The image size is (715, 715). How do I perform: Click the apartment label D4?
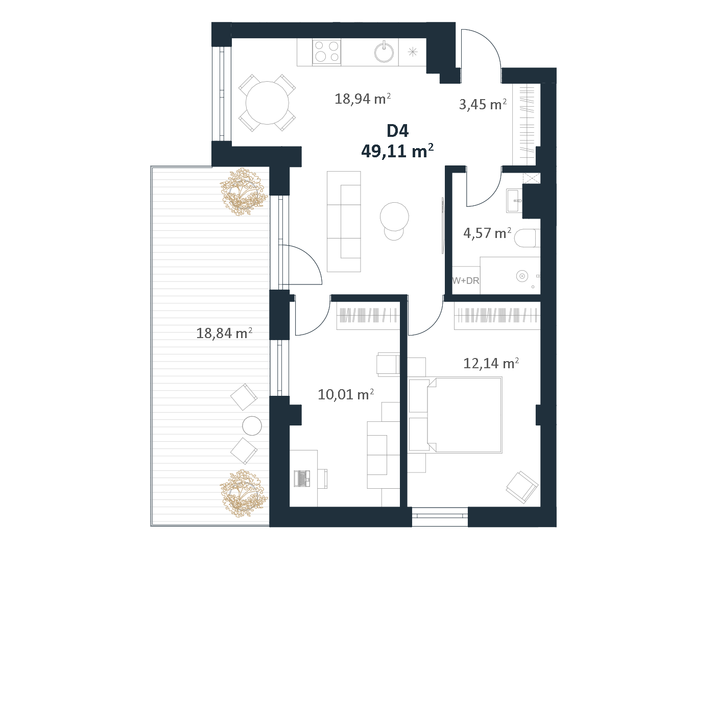point(397,131)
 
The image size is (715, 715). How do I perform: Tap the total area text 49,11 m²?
point(397,151)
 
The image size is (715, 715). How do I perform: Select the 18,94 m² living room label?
point(363,99)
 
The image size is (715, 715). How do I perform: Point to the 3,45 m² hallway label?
point(483,105)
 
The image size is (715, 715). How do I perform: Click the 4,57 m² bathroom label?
point(487,233)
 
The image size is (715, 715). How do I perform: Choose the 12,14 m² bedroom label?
point(491,363)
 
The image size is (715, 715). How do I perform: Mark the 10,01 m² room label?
point(346,394)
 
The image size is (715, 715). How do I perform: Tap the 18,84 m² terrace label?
point(224,333)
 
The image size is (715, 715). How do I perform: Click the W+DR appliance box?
point(466,280)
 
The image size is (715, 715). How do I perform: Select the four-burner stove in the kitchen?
point(327,52)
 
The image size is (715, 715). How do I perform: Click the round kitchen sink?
point(384,52)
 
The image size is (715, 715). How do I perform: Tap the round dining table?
point(267,103)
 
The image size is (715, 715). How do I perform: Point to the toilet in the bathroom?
point(527,238)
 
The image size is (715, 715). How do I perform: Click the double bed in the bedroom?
point(455,415)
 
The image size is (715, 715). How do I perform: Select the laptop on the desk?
point(302,478)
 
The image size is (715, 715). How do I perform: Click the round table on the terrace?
point(252,425)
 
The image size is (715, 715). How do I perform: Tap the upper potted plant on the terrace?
point(244,192)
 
